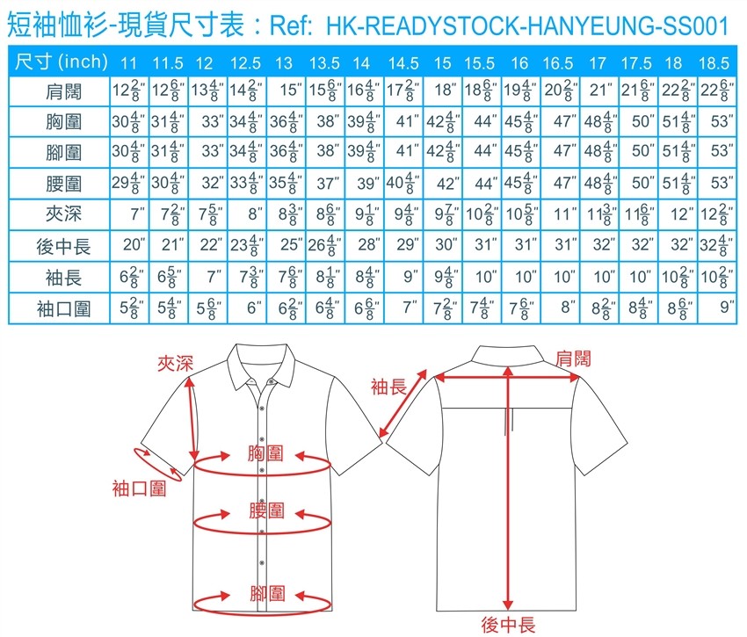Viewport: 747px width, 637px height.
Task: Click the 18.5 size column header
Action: point(714,63)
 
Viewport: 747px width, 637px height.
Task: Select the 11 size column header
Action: point(128,63)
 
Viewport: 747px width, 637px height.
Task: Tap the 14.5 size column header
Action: point(403,63)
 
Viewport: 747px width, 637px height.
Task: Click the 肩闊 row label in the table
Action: point(63,91)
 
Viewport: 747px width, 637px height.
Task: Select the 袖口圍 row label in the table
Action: point(63,308)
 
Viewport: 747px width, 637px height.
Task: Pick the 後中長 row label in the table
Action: point(63,246)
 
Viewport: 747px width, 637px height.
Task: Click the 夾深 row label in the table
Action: point(63,214)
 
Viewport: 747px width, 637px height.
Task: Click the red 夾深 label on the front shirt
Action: point(175,364)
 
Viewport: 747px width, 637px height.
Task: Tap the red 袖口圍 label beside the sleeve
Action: point(139,489)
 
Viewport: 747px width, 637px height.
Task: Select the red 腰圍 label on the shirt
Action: point(267,510)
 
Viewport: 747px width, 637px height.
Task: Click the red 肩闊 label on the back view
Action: point(573,358)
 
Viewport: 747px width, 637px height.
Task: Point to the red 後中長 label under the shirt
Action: point(508,625)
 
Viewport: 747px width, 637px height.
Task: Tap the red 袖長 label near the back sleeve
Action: point(388,387)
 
